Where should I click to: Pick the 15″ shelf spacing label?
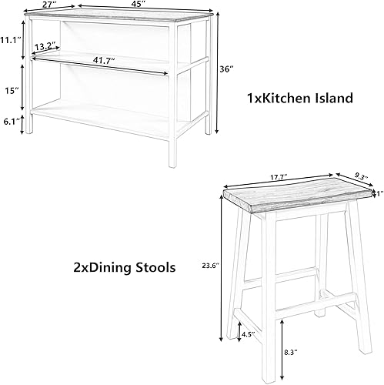[x=12, y=90]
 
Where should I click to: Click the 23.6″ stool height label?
[x=210, y=266]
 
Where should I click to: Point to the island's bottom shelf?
[x=100, y=115]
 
